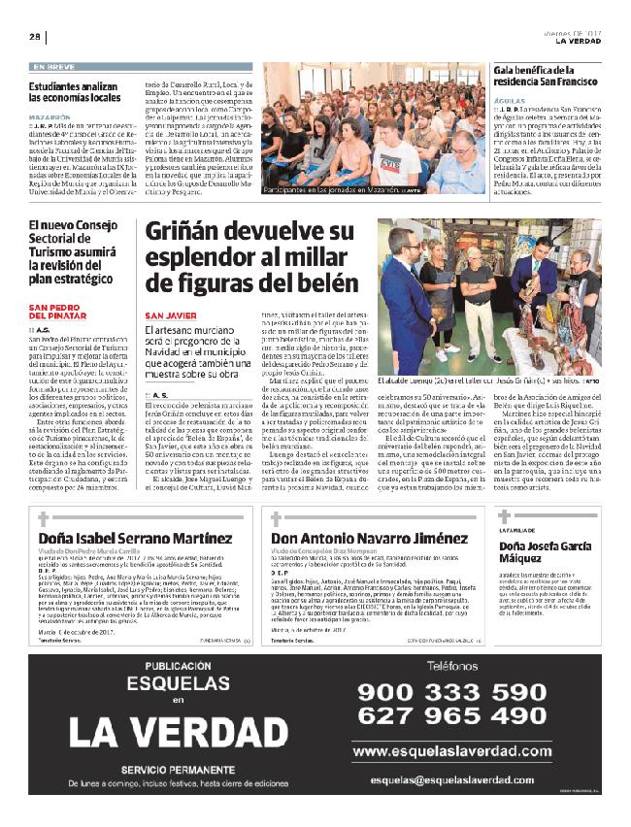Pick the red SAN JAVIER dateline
[172, 315]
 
